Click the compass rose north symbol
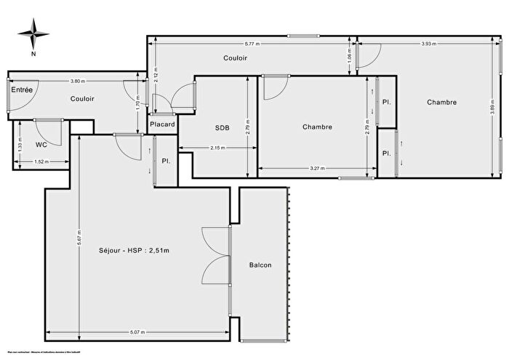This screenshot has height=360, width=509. (x=33, y=34)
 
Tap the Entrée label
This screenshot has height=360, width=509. (x=22, y=89)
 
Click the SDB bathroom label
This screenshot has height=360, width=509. (x=222, y=128)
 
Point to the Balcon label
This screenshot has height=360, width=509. (x=260, y=265)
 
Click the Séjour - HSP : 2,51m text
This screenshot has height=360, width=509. (x=139, y=251)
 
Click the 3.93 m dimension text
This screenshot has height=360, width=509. (x=429, y=44)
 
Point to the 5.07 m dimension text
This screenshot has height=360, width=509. (x=137, y=332)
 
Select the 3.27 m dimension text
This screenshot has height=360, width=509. (x=316, y=169)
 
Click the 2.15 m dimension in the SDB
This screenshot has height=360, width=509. (x=217, y=148)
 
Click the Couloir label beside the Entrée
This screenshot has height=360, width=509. (x=82, y=99)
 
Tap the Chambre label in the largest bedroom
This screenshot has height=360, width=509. (x=441, y=103)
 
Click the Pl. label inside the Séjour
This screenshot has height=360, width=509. (x=167, y=161)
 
